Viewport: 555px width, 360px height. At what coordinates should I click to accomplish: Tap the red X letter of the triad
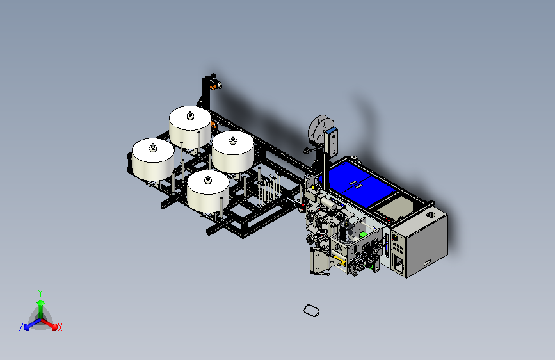click(x=60, y=327)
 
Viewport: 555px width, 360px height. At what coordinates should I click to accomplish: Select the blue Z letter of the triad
click(x=21, y=327)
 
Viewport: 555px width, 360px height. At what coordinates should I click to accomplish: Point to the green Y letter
click(x=40, y=293)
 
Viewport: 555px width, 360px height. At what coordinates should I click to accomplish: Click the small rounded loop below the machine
click(x=312, y=311)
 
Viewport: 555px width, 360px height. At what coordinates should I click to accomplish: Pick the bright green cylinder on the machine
click(x=363, y=234)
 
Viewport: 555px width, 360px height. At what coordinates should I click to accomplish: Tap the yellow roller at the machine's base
click(x=339, y=261)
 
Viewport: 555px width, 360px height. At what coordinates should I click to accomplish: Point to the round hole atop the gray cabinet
click(x=431, y=215)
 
